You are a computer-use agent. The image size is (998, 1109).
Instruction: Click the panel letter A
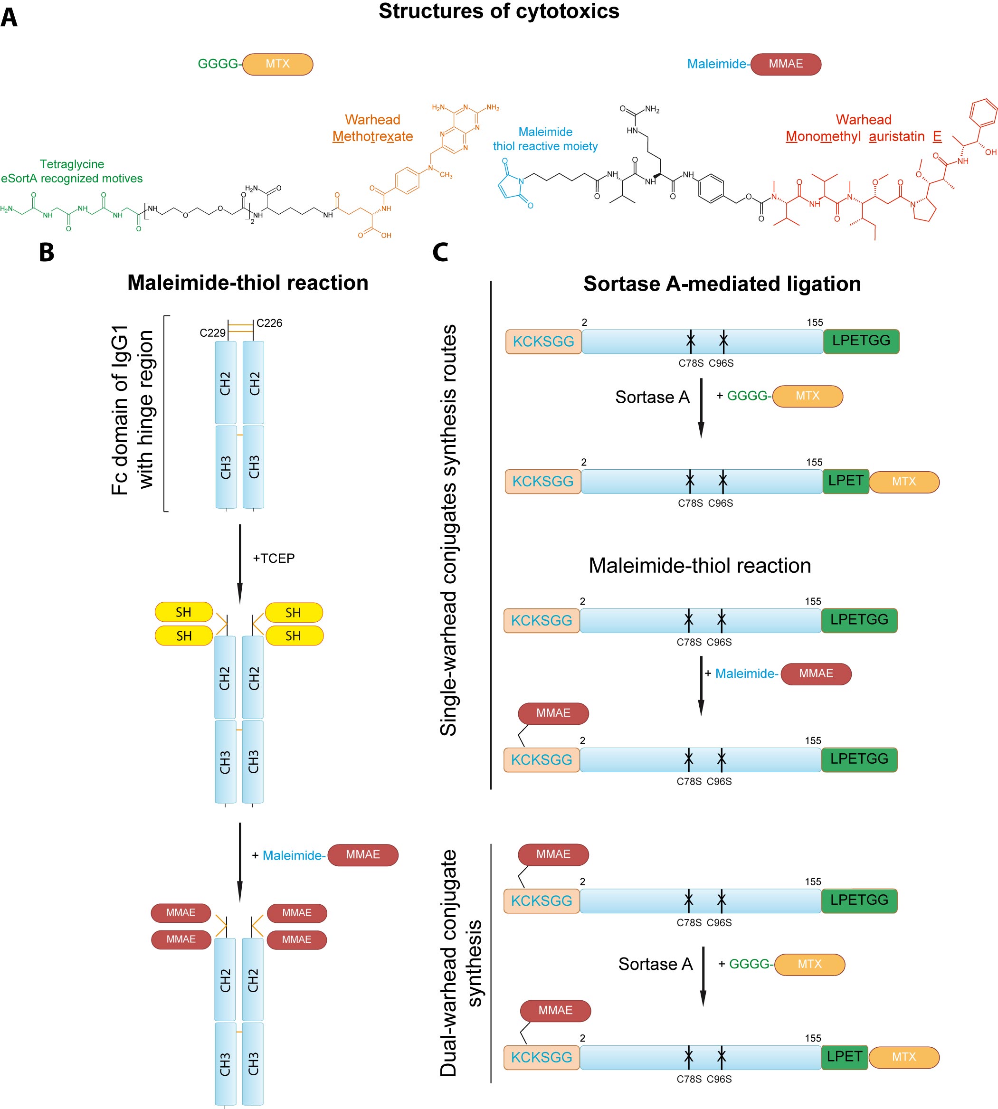pyautogui.click(x=10, y=17)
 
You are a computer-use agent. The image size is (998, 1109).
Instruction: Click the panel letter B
pyautogui.click(x=47, y=253)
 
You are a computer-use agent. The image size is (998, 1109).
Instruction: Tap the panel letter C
pyautogui.click(x=440, y=253)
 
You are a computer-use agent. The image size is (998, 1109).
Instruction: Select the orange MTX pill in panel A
pyautogui.click(x=277, y=64)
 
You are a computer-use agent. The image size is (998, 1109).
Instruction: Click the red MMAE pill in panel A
pyautogui.click(x=785, y=64)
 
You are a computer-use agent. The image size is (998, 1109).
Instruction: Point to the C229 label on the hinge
pyautogui.click(x=212, y=333)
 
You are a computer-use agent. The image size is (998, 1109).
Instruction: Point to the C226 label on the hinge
pyautogui.click(x=269, y=323)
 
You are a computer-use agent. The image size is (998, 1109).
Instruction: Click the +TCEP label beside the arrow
pyautogui.click(x=274, y=558)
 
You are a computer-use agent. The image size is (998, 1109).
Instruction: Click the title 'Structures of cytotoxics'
pyautogui.click(x=498, y=11)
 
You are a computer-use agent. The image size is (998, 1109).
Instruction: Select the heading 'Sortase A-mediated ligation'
pyautogui.click(x=722, y=284)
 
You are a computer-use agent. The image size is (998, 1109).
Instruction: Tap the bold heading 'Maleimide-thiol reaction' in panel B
pyautogui.click(x=248, y=283)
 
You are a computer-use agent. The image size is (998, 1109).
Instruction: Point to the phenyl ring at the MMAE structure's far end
pyautogui.click(x=982, y=114)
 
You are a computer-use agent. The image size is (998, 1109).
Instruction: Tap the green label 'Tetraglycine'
pyautogui.click(x=72, y=164)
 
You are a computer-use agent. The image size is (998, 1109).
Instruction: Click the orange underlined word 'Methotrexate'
pyautogui.click(x=372, y=136)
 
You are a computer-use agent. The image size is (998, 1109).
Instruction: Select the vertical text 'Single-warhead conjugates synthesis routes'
pyautogui.click(x=448, y=530)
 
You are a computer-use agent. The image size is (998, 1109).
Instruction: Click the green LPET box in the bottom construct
pyautogui.click(x=845, y=1057)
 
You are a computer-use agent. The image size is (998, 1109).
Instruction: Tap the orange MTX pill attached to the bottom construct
pyautogui.click(x=903, y=1057)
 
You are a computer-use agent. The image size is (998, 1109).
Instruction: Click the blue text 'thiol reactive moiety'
pyautogui.click(x=545, y=146)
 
